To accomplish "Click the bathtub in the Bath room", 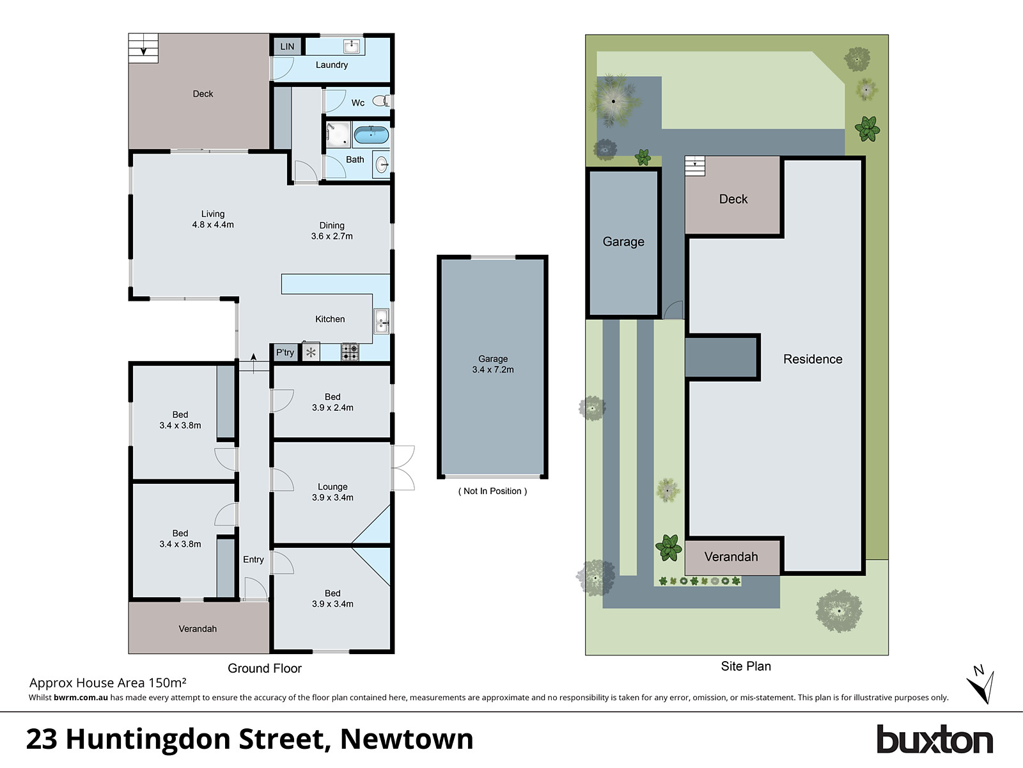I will (371, 135).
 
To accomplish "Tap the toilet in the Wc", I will (380, 100).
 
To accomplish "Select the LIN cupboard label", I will (287, 46).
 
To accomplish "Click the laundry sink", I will (351, 45).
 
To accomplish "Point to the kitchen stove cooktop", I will (350, 352).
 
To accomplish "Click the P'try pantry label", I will (285, 353).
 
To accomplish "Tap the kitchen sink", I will (382, 321).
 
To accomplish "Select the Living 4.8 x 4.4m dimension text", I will (213, 225).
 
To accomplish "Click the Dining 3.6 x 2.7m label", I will (332, 230).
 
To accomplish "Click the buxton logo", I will (934, 740).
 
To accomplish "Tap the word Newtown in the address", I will (407, 739).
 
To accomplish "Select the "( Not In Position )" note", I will (492, 491).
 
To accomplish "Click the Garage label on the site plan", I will (623, 242).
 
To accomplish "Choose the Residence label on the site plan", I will (813, 359).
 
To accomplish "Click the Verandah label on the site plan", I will (731, 557).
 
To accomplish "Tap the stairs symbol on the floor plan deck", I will (143, 48).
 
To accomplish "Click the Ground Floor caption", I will (265, 668).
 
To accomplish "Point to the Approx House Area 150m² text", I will (108, 683).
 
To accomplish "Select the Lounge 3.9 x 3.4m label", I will (332, 492).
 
